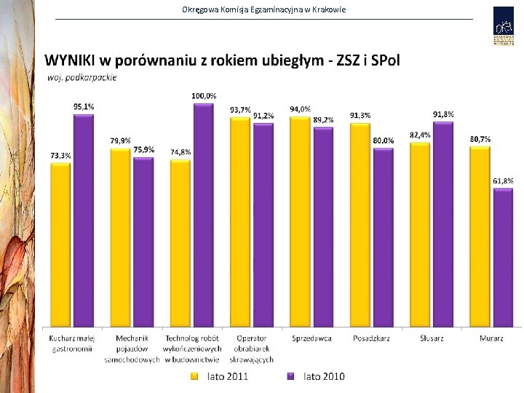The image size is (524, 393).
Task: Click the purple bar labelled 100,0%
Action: pos(203,215)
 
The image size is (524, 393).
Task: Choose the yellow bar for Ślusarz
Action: pos(420,234)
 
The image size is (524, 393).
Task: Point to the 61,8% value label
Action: pos(503,180)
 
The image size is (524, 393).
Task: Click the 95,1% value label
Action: pos(84,106)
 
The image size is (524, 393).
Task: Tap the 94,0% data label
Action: pos(300,109)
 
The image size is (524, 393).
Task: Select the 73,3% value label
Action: pos(60,155)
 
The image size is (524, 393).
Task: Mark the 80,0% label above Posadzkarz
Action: pos(384,140)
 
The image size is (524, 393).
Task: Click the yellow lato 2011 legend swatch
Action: pos(195,376)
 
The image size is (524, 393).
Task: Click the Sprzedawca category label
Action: pos(311,338)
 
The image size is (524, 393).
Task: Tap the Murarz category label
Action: pos(491,338)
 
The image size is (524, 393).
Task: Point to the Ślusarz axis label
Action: pos(432,338)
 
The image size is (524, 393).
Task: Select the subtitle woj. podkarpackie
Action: pos(82,76)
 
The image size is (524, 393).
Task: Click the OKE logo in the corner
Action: pos(503,26)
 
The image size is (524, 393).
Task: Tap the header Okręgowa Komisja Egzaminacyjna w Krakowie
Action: pos(264,9)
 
